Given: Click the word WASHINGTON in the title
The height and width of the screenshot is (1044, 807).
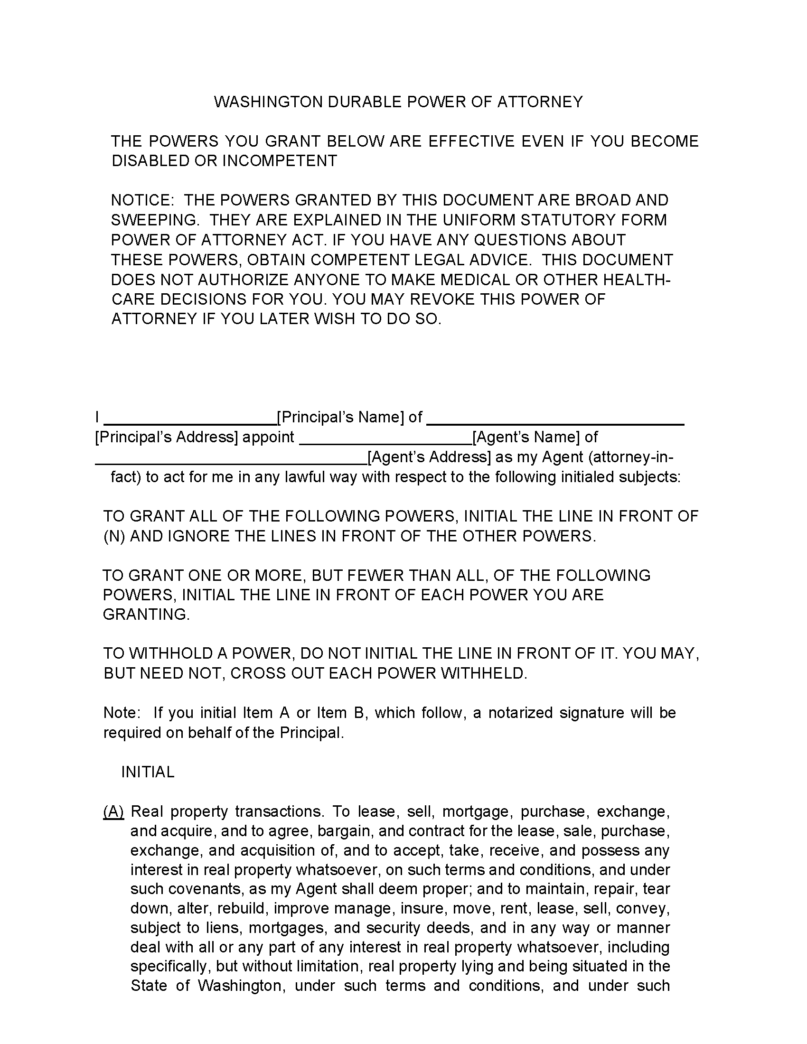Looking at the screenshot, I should [x=268, y=102].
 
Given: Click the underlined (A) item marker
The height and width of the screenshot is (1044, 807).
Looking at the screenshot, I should [x=114, y=811].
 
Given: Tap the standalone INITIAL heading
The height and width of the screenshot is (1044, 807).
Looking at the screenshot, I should [x=148, y=772].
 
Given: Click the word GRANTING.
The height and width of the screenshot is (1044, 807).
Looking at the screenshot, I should [x=146, y=614].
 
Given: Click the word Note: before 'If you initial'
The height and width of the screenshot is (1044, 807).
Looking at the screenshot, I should [x=122, y=713].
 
